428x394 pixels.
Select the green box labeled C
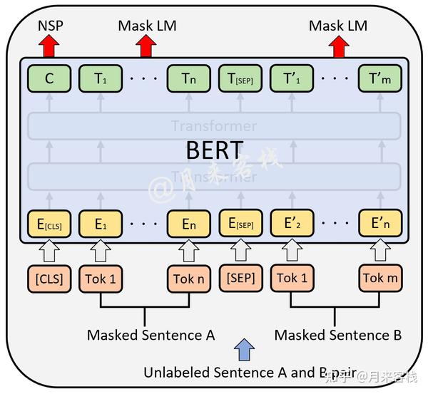point(49,79)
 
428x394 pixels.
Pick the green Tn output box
point(189,79)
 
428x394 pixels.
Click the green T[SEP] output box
point(240,79)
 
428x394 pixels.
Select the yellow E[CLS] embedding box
point(49,224)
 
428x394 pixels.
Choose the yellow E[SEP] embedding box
point(240,224)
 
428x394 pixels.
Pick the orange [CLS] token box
point(49,278)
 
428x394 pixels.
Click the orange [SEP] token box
point(240,278)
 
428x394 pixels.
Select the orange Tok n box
point(189,278)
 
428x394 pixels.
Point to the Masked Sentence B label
point(338,335)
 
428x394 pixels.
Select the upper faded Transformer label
point(213,126)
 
